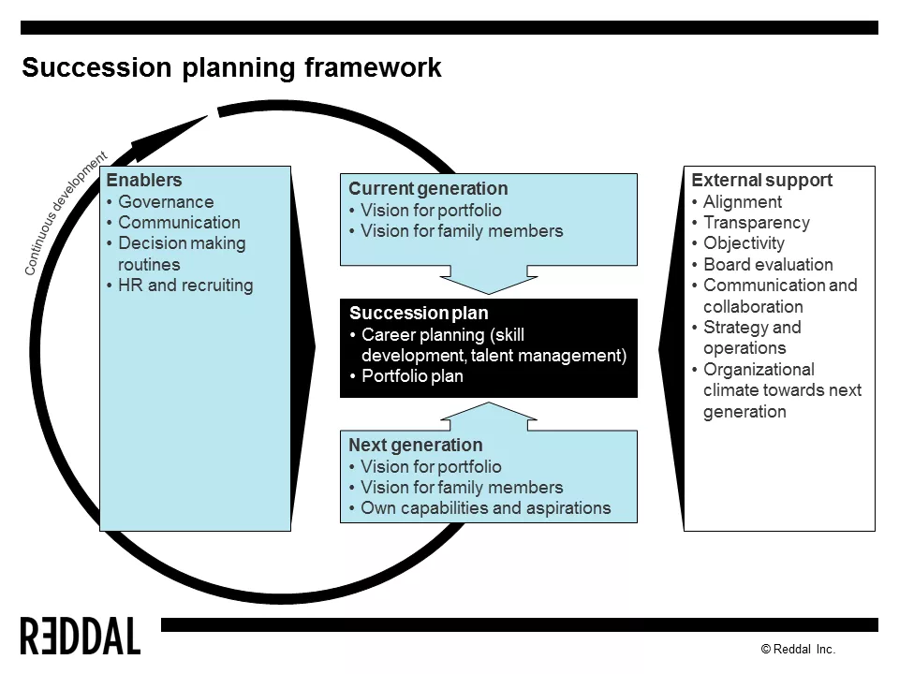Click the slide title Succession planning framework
231,68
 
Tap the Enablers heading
144,181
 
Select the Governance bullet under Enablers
166,202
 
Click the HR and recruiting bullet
185,286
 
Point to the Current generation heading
428,189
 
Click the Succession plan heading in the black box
419,314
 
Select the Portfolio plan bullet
412,376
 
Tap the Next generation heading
416,446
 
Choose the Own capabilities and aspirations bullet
485,508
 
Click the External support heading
761,181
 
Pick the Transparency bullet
756,223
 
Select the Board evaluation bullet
768,265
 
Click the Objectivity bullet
744,243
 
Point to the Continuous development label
65,214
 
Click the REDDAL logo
81,637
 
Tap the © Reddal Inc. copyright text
797,649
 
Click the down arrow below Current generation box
487,280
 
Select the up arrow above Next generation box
487,415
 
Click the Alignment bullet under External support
742,202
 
